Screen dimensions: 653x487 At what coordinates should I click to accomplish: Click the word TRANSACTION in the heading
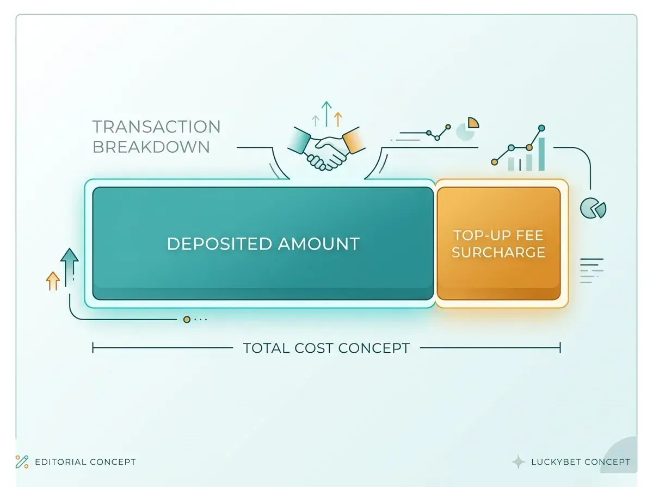tap(157, 127)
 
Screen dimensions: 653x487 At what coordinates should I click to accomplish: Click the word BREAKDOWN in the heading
tap(151, 147)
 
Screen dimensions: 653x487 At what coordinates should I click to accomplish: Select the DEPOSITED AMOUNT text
tap(263, 243)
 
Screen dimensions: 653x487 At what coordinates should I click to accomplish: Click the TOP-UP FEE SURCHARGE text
tap(498, 244)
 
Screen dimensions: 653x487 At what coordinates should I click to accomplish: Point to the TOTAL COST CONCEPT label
tap(326, 348)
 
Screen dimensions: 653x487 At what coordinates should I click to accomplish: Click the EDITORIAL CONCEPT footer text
tap(85, 462)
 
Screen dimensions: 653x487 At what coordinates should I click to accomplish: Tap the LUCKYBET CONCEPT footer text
tap(581, 462)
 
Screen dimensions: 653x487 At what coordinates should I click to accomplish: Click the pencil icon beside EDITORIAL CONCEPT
tap(22, 462)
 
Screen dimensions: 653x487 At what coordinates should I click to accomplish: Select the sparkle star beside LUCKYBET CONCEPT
tap(518, 462)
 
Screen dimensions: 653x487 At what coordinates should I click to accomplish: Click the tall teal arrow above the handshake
tap(326, 114)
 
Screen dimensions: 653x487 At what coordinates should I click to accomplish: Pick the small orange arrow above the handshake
tap(338, 119)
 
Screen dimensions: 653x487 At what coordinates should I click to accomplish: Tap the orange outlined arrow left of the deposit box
tap(53, 280)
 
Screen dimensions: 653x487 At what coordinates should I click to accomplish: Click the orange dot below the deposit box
tap(187, 320)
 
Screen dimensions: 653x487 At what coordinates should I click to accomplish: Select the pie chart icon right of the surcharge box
tap(593, 208)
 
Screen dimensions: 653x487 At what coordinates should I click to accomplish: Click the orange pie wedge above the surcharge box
tap(473, 122)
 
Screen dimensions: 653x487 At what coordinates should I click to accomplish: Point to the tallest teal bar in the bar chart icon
tap(542, 154)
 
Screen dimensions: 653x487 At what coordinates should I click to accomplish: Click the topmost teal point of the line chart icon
tap(542, 128)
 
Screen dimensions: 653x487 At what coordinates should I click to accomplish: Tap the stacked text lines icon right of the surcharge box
tap(592, 271)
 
